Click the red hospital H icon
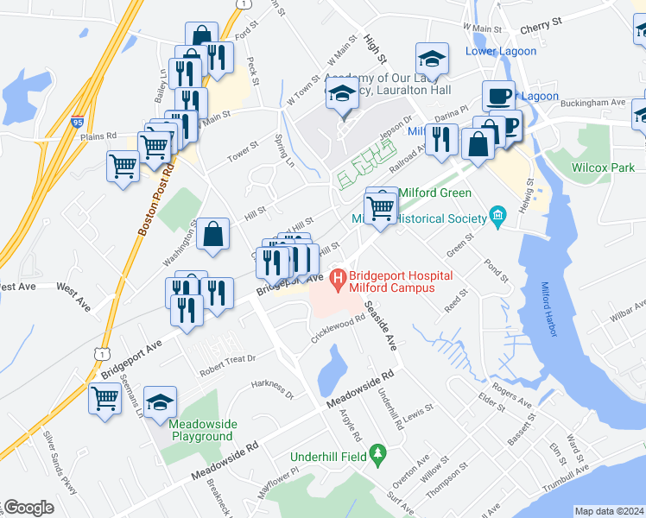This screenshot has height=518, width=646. (339, 278)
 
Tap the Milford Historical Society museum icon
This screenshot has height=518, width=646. (497, 214)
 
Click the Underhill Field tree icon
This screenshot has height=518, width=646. (377, 453)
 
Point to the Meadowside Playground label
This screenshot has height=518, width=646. (200, 429)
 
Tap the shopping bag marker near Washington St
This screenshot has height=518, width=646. (212, 234)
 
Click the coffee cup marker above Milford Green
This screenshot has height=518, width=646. (498, 96)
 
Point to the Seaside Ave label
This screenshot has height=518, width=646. (379, 325)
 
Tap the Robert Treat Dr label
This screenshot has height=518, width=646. (228, 358)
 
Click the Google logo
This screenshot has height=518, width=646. (28, 508)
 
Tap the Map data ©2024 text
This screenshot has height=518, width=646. (608, 511)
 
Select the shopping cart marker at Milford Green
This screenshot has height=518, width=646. (380, 207)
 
